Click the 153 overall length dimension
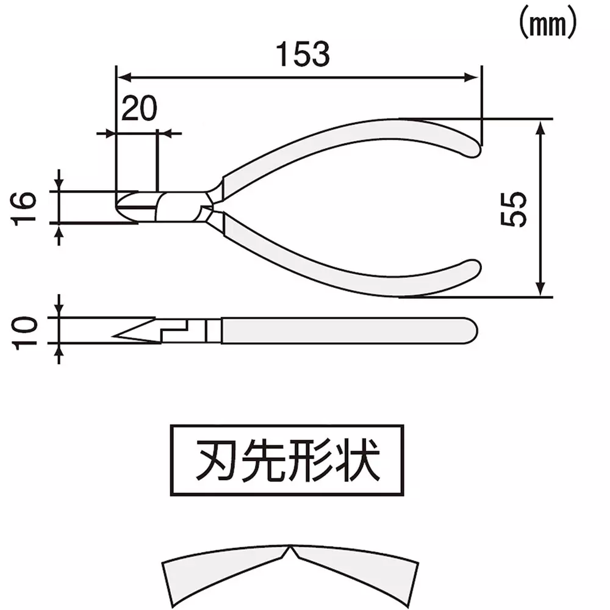(303, 55)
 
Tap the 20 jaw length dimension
(140, 108)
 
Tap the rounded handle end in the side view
(472, 330)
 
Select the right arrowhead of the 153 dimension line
(471, 77)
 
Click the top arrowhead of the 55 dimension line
(540, 126)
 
